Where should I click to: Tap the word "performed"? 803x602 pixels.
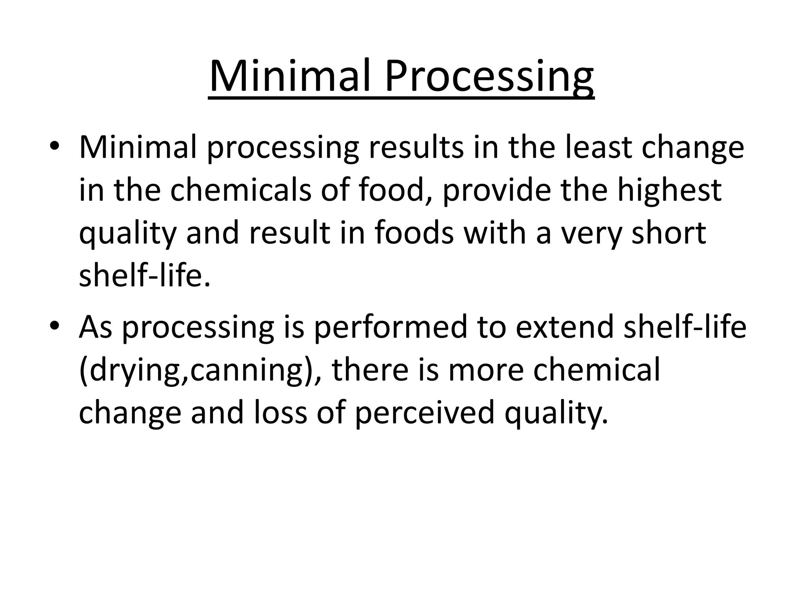[391, 328]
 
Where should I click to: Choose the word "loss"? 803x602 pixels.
[280, 413]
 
